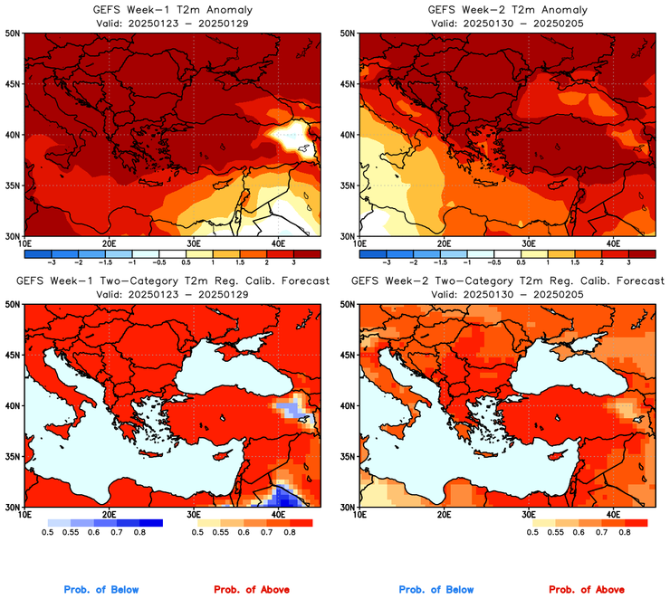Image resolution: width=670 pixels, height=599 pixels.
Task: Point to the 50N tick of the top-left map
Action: click(13, 33)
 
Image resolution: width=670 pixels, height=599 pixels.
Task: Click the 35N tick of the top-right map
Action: click(349, 185)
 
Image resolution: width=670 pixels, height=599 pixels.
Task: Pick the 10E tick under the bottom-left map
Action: click(24, 515)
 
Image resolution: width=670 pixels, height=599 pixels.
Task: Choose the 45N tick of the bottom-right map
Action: click(349, 355)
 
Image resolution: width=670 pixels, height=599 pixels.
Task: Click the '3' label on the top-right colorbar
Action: click(628, 261)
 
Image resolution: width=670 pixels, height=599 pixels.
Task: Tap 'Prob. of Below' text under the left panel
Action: click(101, 589)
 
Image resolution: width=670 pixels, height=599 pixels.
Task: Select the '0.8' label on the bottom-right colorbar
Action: click(625, 534)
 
